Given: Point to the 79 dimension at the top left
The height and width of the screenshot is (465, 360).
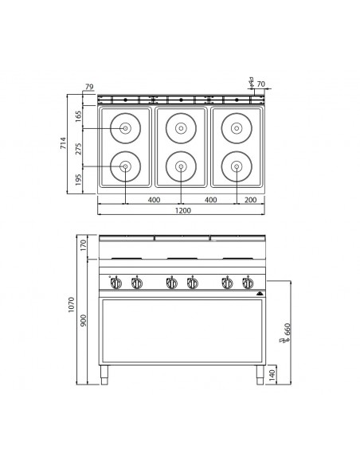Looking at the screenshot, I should pos(89,87).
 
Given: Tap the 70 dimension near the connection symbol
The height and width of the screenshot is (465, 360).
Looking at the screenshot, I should pos(260,82).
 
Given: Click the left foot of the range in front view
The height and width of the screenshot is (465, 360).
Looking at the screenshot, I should pos(104,372).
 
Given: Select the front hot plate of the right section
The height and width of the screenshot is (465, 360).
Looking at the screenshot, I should pos(237,166).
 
